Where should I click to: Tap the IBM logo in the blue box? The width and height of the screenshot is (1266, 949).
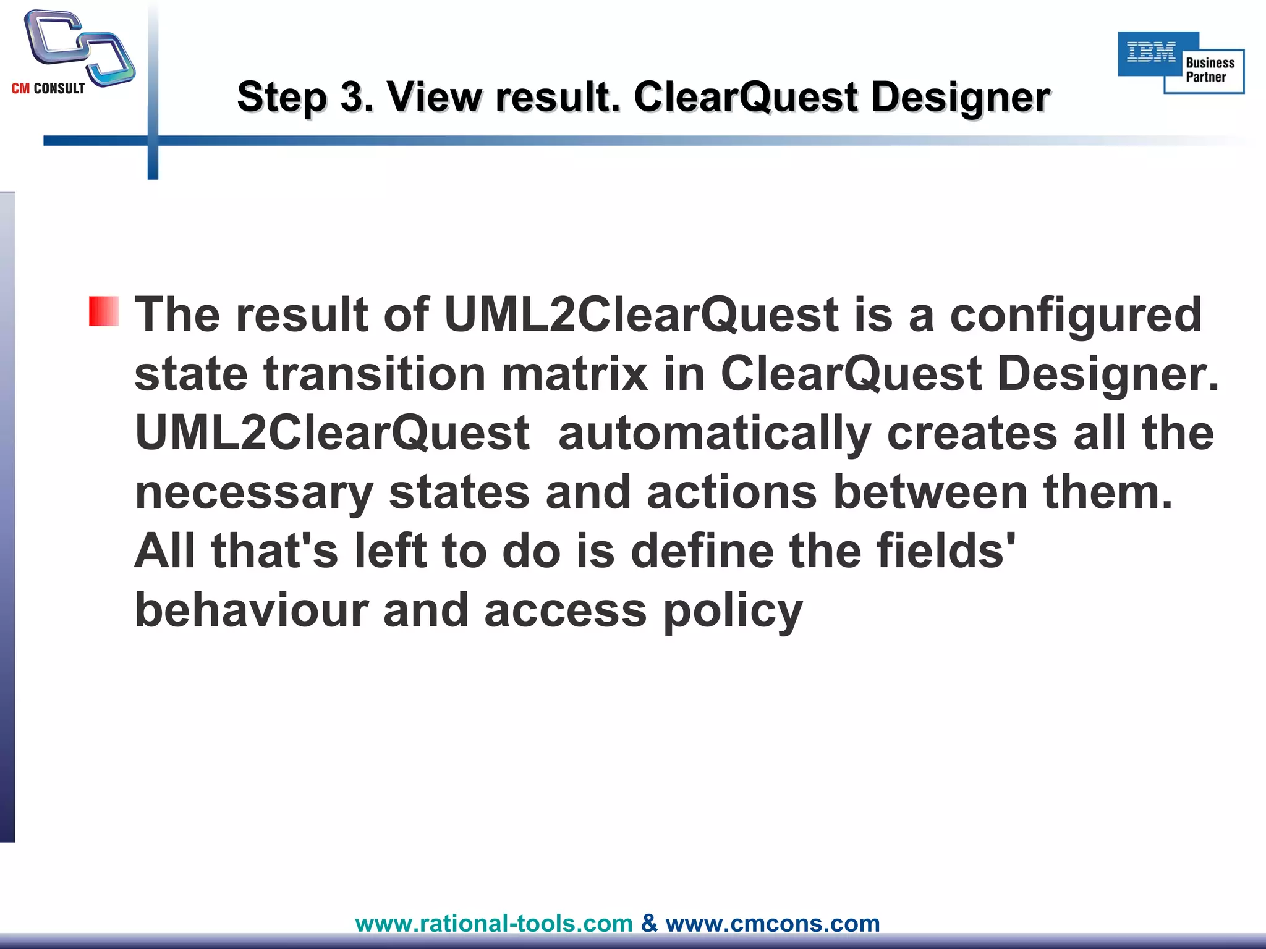(1151, 53)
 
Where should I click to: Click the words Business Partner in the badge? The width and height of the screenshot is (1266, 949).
(1209, 70)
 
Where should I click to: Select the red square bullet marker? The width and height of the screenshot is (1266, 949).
(103, 311)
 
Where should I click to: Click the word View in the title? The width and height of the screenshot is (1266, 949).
(433, 97)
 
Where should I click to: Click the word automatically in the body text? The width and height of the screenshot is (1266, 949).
(715, 434)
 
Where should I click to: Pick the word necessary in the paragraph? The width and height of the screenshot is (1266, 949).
(253, 492)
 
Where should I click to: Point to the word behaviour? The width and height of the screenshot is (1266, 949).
(251, 610)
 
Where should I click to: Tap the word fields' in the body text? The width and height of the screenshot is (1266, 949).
(946, 550)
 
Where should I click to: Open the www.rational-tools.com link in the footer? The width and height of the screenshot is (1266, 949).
(494, 923)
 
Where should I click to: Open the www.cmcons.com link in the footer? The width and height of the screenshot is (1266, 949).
(772, 923)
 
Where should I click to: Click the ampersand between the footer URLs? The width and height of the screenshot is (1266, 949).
(649, 923)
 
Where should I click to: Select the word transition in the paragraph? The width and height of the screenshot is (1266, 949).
(375, 374)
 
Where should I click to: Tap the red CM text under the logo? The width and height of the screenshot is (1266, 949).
(20, 88)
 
